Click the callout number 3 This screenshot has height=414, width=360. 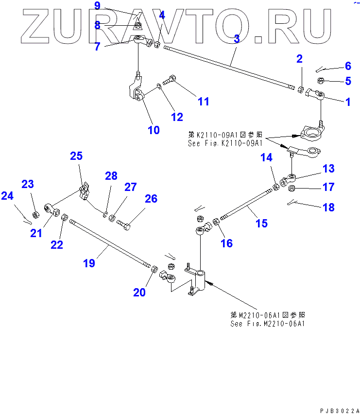pos(237,39)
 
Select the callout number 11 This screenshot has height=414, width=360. pos(203,101)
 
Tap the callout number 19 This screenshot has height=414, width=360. pos(88,263)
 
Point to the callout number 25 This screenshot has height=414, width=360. pos(76,156)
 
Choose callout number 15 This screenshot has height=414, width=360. pos(261,223)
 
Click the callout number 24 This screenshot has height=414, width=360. pos(7,196)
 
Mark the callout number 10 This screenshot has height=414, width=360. pos(154,130)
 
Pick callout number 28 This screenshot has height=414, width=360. pos(111,176)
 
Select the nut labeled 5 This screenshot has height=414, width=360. pos(321,81)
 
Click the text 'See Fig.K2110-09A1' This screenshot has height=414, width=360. pos(225,143)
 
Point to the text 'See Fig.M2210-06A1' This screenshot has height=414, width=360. pos(268,324)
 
